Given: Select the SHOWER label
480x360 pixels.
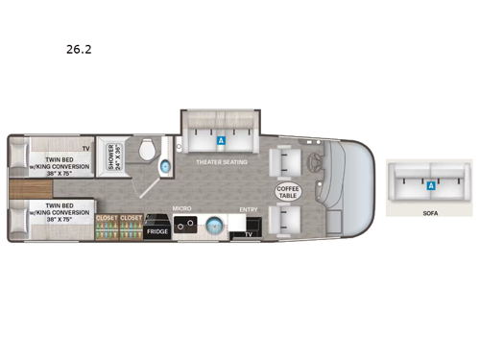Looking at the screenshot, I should coord(113,155).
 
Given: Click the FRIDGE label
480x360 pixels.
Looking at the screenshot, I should coord(156,231).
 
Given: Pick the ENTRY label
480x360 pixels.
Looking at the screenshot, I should coord(248,208).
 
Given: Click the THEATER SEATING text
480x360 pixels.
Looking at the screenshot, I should coord(223,162).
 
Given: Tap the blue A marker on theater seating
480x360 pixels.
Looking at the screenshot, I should coord(222,140).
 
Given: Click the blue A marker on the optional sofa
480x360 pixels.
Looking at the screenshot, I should coord(431,184).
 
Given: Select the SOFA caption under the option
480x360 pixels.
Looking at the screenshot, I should coord(431,214).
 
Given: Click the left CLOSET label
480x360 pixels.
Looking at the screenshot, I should coord(106,218).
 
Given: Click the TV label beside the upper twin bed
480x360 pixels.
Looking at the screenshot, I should coord(86,148).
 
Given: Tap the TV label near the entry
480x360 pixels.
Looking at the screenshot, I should coord(249,233).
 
